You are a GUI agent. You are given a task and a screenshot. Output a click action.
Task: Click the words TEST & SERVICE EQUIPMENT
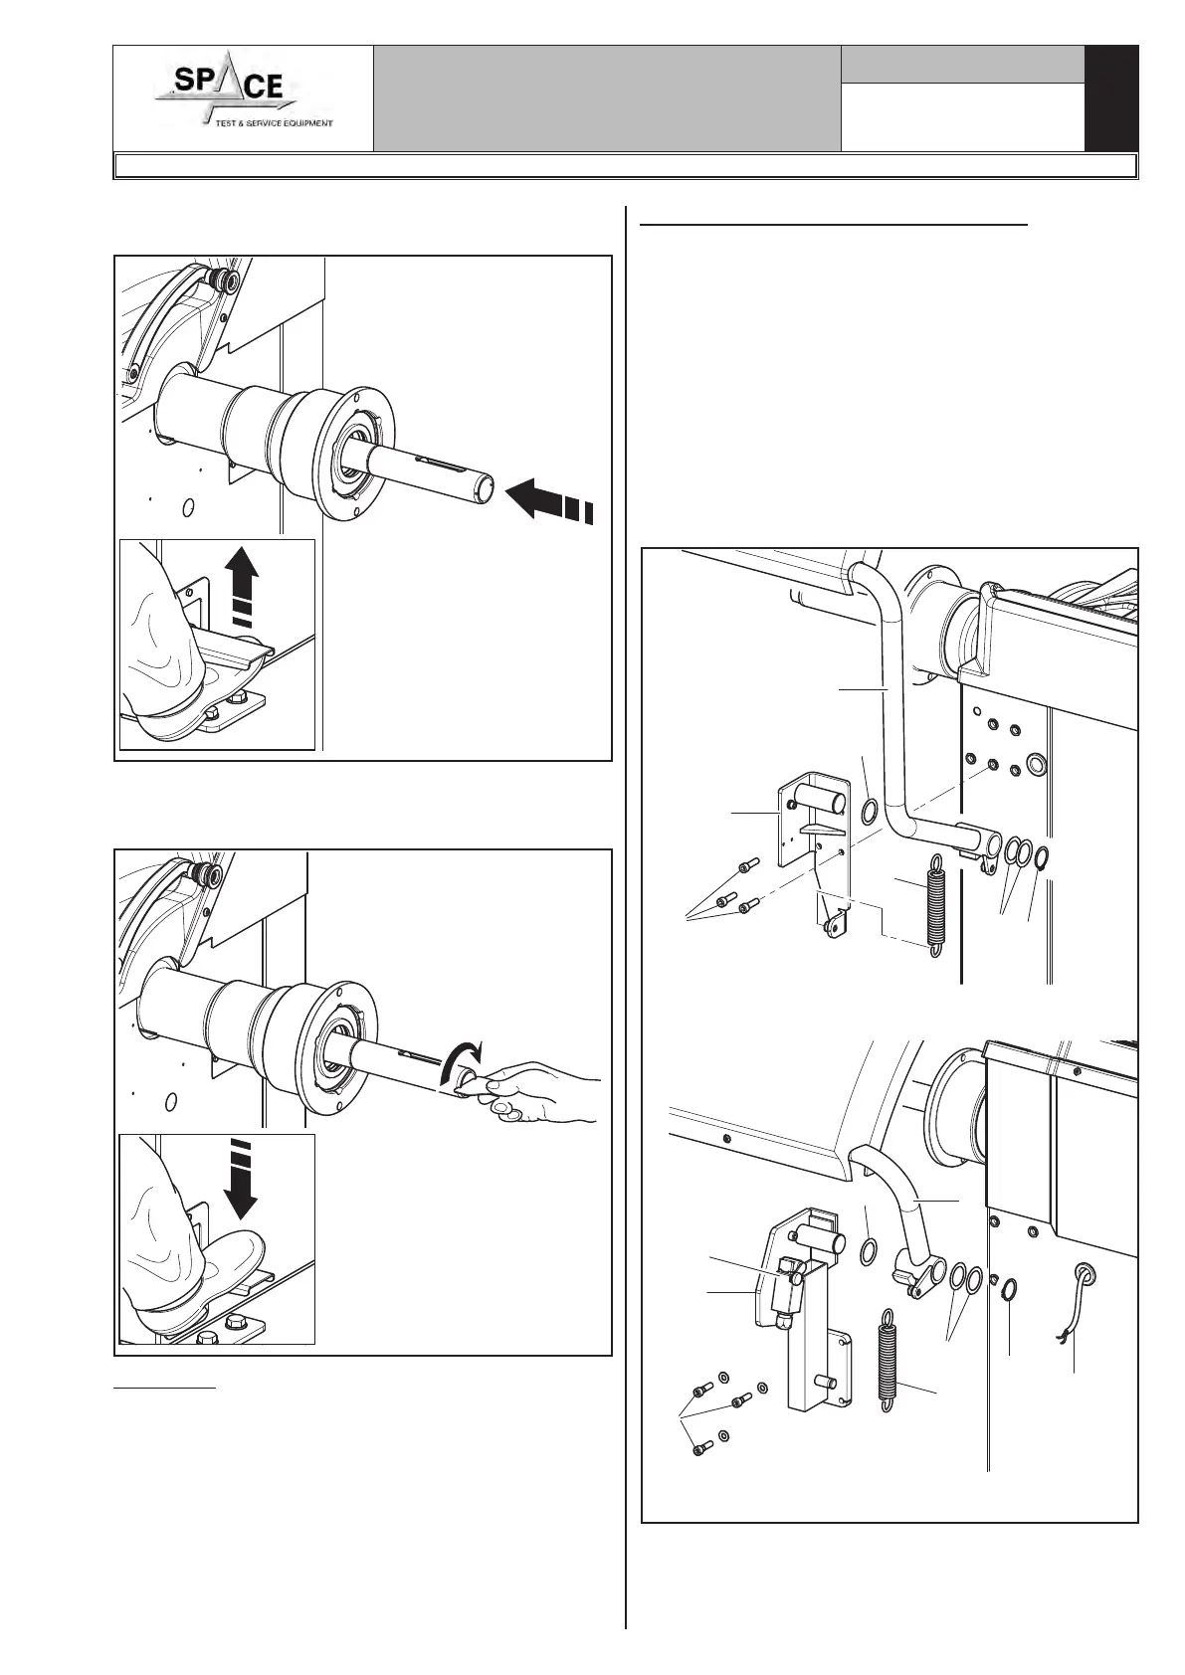pyautogui.click(x=274, y=123)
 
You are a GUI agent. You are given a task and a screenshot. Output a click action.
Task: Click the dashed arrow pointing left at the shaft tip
pyautogui.click(x=549, y=498)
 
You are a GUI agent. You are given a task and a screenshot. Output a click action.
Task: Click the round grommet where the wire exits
pyautogui.click(x=1083, y=1271)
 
